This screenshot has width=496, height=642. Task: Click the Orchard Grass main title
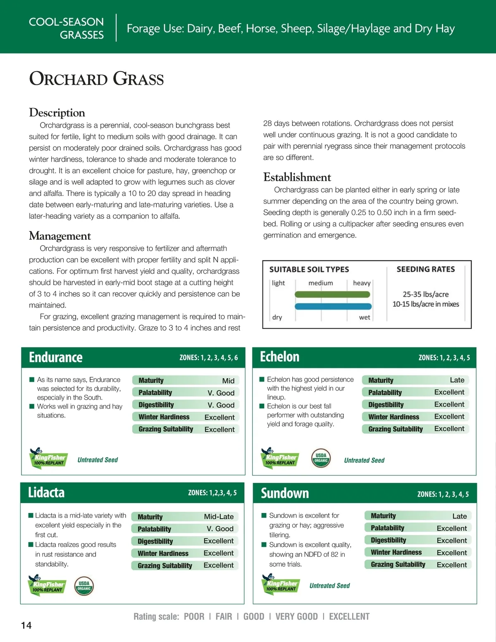pos(96,79)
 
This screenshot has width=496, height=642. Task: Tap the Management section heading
pos(60,236)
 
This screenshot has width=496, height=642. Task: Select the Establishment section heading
pos(297,177)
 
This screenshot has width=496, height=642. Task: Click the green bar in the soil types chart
pos(332,294)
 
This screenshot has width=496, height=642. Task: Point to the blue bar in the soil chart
pos(333,306)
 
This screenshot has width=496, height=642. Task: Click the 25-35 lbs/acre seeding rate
pos(425,294)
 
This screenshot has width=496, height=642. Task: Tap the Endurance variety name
pos(56,357)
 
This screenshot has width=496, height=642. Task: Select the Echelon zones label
pos(444,358)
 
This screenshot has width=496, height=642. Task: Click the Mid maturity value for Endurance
pos(228,381)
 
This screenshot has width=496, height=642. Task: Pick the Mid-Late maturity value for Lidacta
pos(219,517)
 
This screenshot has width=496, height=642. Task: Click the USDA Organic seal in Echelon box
pos(321,458)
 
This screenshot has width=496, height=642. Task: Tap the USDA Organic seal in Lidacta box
pos(84,586)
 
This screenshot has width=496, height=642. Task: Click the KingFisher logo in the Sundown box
pos(280,584)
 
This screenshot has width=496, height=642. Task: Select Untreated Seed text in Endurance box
pos(98,460)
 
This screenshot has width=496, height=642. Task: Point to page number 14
pos(26,625)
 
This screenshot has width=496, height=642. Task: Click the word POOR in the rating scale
pos(194,616)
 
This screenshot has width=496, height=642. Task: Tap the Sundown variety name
pos(285,493)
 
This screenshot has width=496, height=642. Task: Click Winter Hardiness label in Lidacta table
pos(163,553)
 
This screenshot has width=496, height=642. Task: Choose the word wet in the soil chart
pos(365,317)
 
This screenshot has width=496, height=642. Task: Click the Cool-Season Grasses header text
pos(67,28)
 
